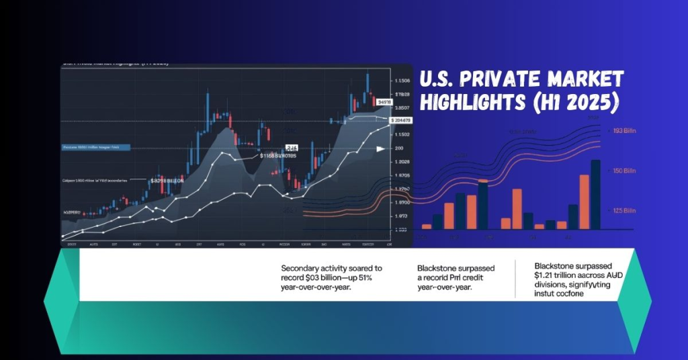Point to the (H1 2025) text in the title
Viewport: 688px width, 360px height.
coord(584,104)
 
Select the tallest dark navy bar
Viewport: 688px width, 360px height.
coord(595,195)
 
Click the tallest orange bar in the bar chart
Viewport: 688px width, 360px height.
coord(584,201)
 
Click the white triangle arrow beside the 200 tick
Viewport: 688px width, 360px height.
coord(380,148)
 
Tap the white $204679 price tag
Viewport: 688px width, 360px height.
coord(401,120)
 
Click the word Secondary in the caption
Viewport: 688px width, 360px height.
coord(302,267)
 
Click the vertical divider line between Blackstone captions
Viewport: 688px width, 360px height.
coord(515,278)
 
